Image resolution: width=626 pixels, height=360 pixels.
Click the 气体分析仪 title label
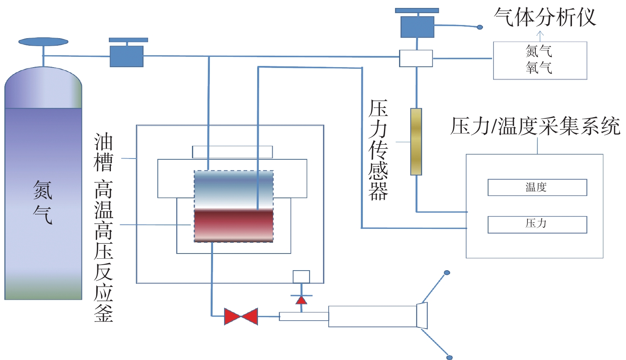[545, 17]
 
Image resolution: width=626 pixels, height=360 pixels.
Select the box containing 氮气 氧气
[540, 60]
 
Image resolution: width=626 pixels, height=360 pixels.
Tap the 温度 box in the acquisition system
[537, 187]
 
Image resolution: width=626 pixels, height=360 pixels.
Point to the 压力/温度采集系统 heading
[535, 126]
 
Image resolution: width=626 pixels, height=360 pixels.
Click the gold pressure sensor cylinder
[416, 141]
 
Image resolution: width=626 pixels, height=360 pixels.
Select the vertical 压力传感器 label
[378, 150]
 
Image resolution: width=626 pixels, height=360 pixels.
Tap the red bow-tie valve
[241, 316]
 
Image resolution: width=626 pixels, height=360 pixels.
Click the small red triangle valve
[301, 300]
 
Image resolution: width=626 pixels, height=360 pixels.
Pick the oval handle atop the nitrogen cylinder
[43, 42]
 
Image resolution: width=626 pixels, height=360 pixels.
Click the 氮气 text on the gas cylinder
[43, 202]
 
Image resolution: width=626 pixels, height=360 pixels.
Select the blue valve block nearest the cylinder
[126, 56]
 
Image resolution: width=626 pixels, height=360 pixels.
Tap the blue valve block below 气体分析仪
[417, 27]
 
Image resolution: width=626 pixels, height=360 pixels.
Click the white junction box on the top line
[416, 58]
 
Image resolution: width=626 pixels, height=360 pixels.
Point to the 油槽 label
[103, 152]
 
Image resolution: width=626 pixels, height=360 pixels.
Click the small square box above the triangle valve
[301, 277]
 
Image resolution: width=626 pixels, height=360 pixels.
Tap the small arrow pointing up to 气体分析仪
[540, 35]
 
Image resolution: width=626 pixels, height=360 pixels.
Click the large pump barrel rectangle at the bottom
[372, 316]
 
